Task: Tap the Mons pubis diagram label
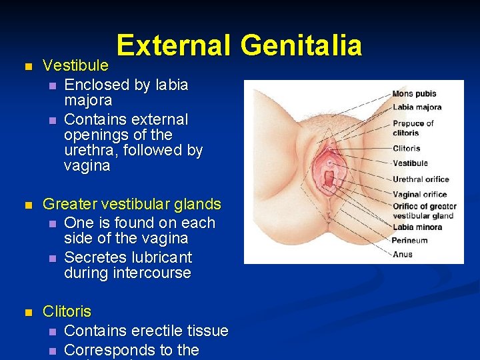click(x=414, y=94)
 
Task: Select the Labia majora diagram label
click(x=417, y=107)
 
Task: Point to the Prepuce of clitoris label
click(x=413, y=127)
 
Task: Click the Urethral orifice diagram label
click(x=421, y=179)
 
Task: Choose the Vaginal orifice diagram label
click(x=419, y=195)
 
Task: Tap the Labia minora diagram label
click(x=417, y=227)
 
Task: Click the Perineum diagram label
click(x=409, y=241)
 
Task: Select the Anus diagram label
click(x=402, y=254)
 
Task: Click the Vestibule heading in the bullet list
click(x=75, y=65)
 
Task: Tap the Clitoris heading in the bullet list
click(x=67, y=311)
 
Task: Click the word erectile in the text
click(x=155, y=331)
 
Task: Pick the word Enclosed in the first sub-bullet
click(x=96, y=85)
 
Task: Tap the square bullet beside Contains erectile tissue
click(x=52, y=331)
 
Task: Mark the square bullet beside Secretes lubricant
click(x=52, y=258)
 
